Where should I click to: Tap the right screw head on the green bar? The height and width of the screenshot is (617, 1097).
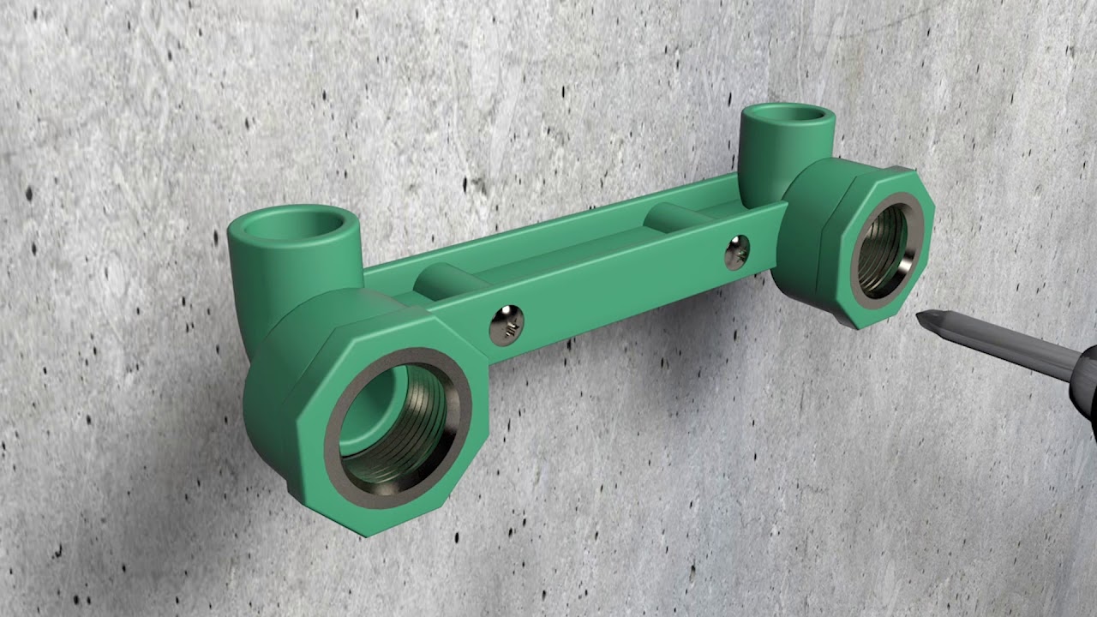736,252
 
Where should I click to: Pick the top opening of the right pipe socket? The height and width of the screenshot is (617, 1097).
787,114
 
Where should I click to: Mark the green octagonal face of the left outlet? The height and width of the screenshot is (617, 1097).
309,446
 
